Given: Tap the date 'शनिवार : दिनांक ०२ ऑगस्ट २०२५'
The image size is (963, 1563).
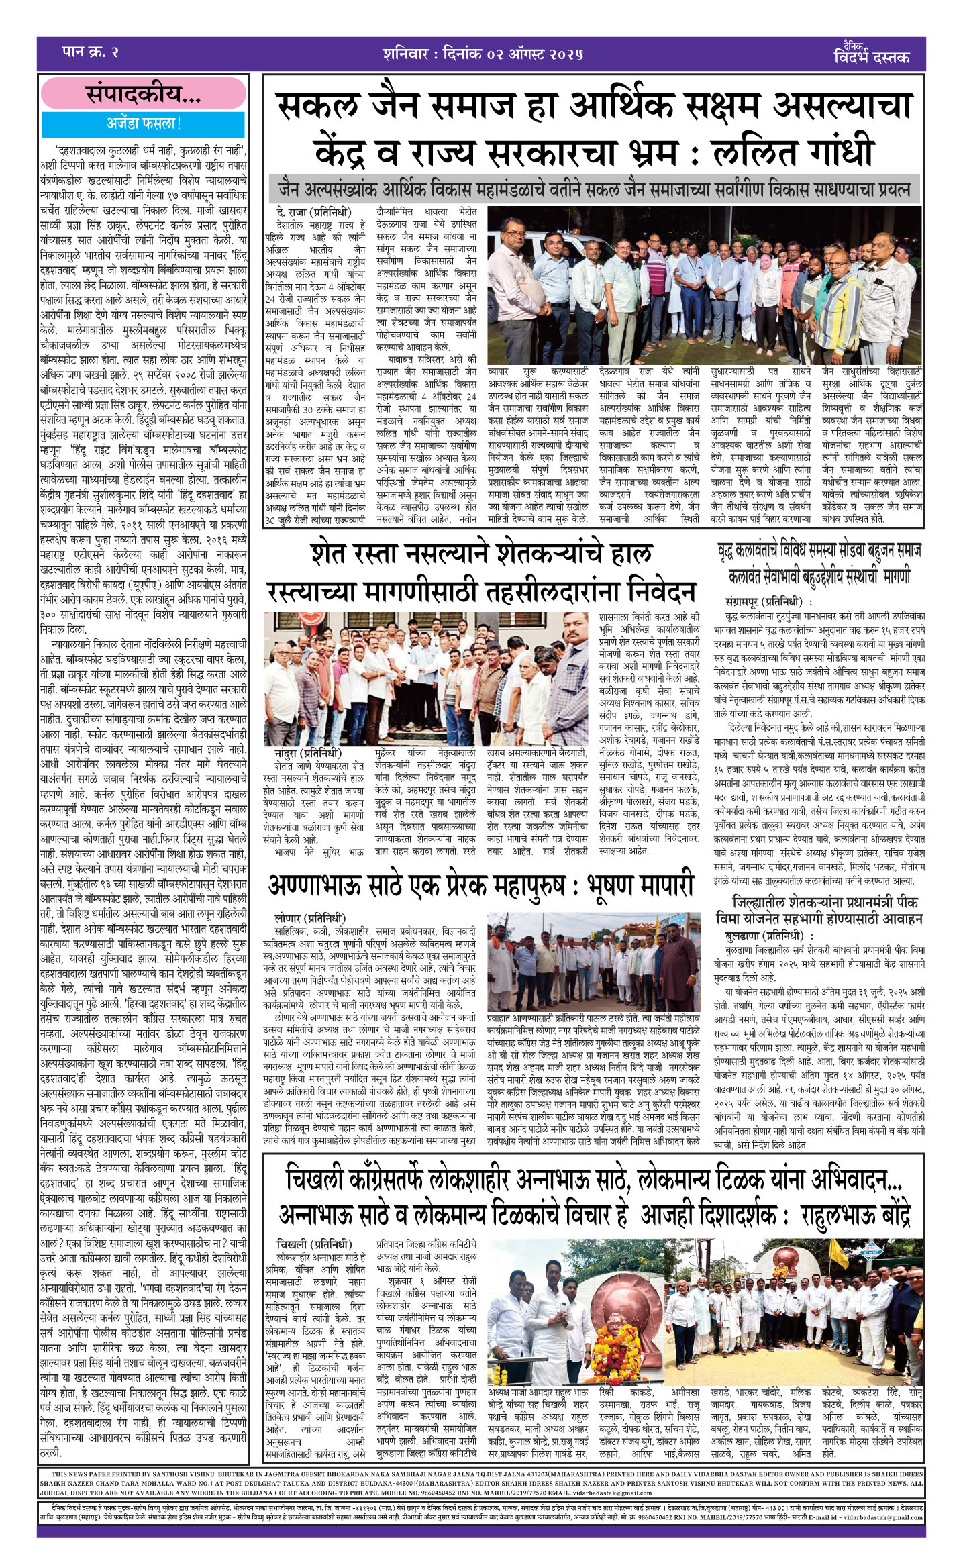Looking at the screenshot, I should tap(483, 54).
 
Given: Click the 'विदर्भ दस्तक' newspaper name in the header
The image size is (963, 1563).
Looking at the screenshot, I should tap(871, 56).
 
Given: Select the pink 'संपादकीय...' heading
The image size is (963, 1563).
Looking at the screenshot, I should tap(143, 95).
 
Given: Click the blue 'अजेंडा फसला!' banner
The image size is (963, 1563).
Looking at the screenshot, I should tap(143, 123).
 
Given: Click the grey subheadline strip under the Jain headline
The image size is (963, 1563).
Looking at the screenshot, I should tap(594, 189).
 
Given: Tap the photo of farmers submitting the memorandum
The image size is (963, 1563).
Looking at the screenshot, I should tap(426, 678).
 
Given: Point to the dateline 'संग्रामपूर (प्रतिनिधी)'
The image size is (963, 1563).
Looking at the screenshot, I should tap(768, 602).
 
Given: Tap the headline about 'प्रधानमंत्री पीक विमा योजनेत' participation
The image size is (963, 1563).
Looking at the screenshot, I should tap(819, 910).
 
